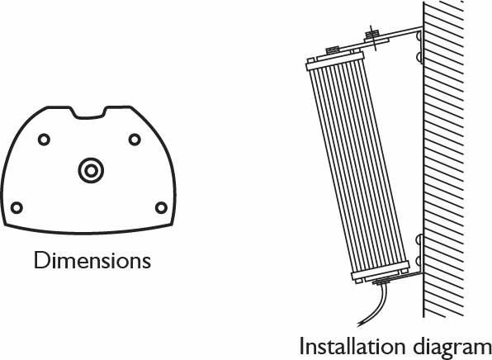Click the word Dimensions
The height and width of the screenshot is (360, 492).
click(x=92, y=260)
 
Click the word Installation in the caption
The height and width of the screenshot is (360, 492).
click(x=352, y=347)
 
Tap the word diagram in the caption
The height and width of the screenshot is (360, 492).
click(x=452, y=348)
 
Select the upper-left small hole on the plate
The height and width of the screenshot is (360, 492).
click(x=44, y=140)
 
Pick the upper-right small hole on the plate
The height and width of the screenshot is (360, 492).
click(x=135, y=140)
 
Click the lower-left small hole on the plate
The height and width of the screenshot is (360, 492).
click(x=17, y=207)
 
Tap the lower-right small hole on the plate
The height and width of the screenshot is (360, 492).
click(x=161, y=207)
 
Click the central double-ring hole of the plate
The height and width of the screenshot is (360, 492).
click(x=91, y=170)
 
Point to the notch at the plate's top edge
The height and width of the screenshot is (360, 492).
click(x=89, y=114)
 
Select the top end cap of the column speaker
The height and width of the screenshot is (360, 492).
click(x=335, y=60)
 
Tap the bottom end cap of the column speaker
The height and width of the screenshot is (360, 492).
click(x=381, y=272)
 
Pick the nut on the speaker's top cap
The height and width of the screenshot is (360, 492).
click(x=333, y=50)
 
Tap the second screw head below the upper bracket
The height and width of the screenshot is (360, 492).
click(x=419, y=57)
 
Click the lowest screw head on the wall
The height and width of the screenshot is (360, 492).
click(x=419, y=261)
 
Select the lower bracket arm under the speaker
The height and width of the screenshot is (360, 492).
click(x=399, y=277)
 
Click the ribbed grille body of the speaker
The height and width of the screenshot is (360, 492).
click(x=357, y=165)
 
